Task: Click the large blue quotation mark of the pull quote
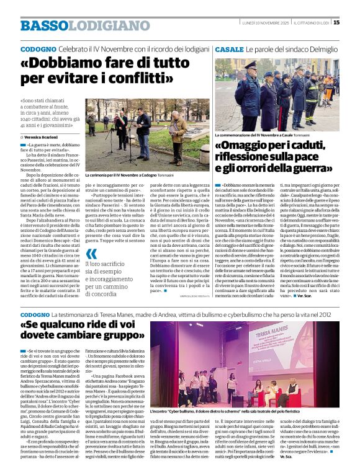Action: tap(92, 253)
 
